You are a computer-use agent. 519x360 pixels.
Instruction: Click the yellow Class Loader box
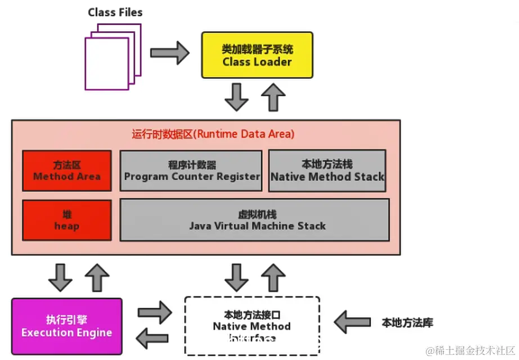(x=257, y=55)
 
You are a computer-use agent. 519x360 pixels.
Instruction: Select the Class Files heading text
(x=115, y=12)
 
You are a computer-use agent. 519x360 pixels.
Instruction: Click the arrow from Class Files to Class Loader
(x=170, y=53)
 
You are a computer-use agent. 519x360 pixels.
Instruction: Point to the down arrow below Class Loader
(x=236, y=97)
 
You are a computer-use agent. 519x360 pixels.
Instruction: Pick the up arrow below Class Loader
(x=274, y=97)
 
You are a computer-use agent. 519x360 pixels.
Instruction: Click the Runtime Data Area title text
(x=213, y=134)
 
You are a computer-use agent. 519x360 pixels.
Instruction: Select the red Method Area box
(x=66, y=170)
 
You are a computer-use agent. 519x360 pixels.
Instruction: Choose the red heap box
(x=66, y=220)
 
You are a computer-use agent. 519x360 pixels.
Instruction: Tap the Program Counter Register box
(x=191, y=170)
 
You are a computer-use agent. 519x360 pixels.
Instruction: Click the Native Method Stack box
(x=327, y=170)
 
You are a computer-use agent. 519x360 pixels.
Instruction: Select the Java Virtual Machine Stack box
(x=254, y=220)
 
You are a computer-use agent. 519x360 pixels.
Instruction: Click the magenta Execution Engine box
(x=66, y=326)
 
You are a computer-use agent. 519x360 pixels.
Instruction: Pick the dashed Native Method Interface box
(x=252, y=326)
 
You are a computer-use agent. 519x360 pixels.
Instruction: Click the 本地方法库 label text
(x=407, y=323)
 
